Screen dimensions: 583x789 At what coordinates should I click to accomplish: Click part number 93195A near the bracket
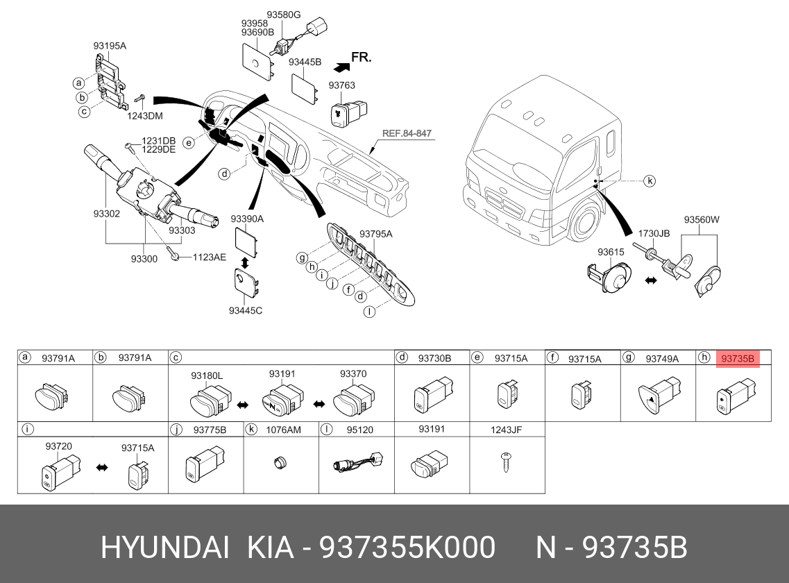[x=110, y=47]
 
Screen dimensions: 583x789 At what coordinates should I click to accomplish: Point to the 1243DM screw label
[x=144, y=116]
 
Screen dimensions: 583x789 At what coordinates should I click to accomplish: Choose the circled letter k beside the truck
[x=649, y=181]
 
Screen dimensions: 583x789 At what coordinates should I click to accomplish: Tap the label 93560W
[x=702, y=220]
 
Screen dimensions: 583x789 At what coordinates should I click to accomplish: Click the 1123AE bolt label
[x=209, y=257]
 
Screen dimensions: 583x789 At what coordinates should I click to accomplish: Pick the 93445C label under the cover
[x=246, y=310]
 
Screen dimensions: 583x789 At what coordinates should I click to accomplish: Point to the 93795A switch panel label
[x=375, y=235]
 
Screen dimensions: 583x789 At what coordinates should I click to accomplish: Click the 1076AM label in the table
[x=283, y=430]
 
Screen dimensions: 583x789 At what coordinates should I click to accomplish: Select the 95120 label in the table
[x=359, y=430]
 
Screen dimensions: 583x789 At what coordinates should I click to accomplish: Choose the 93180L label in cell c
[x=207, y=375]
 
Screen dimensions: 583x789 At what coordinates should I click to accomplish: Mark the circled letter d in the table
[x=401, y=358]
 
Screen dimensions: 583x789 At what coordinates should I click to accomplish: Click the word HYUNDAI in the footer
[x=164, y=548]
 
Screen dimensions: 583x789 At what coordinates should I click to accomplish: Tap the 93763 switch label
[x=341, y=86]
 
